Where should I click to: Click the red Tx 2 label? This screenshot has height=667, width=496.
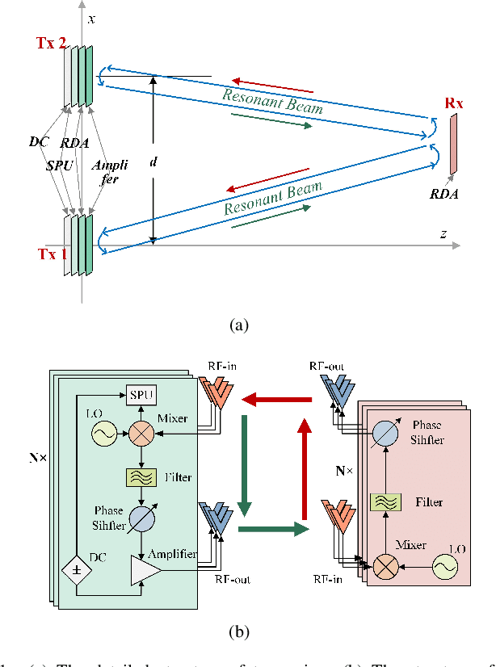51,43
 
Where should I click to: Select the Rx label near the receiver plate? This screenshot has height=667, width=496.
455,103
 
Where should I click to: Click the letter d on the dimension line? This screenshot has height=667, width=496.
153,162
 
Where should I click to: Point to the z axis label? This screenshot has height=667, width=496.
443,233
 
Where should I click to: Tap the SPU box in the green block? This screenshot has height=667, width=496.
141,395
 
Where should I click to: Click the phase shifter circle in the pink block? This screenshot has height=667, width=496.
385,433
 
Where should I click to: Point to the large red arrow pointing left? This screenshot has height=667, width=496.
279,398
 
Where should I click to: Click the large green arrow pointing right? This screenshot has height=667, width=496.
279,530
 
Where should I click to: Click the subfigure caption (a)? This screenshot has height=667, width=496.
239,325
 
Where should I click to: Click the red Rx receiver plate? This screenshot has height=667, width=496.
453,144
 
